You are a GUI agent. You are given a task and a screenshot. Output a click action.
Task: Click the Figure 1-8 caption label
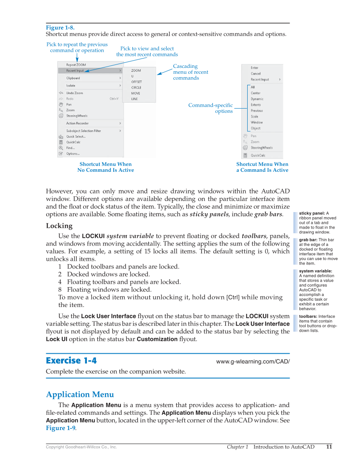click(x=60, y=28)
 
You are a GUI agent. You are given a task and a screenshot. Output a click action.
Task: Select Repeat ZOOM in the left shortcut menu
click(x=76, y=65)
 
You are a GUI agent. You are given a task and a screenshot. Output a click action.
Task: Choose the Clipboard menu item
click(x=73, y=78)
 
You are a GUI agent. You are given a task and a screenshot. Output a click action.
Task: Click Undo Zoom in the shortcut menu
click(x=75, y=93)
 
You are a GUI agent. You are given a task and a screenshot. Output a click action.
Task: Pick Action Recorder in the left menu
click(x=77, y=123)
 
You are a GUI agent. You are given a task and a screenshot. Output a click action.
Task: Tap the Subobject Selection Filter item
click(x=84, y=131)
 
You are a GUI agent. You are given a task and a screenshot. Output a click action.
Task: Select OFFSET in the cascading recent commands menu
click(x=137, y=82)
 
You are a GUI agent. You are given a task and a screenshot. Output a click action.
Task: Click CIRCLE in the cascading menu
click(x=136, y=87)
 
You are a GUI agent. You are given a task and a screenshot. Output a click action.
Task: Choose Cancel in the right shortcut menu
click(x=256, y=73)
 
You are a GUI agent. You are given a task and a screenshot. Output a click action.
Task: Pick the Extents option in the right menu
click(x=256, y=105)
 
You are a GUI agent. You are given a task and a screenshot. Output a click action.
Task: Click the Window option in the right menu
click(x=257, y=122)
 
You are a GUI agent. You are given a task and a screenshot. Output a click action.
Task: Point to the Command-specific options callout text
click(x=211, y=108)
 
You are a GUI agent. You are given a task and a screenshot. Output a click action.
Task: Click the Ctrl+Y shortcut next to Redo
click(x=114, y=99)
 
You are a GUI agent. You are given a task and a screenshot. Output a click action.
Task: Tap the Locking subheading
click(x=59, y=226)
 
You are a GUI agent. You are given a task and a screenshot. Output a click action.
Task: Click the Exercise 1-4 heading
click(x=71, y=360)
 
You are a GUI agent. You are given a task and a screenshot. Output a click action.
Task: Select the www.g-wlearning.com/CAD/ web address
click(x=253, y=362)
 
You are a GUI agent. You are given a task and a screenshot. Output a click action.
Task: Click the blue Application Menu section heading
click(x=80, y=394)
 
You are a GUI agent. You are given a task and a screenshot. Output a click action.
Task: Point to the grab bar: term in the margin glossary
click(x=308, y=240)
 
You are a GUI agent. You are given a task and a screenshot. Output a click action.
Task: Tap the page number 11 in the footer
click(x=329, y=447)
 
